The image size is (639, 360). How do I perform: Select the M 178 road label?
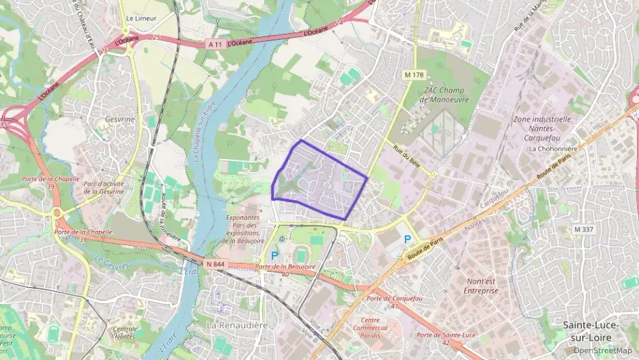click(414, 74)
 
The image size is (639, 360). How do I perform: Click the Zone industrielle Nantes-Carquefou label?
click(541, 128)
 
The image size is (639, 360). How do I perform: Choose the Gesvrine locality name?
click(121, 119)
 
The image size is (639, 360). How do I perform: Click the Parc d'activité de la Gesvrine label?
click(104, 188)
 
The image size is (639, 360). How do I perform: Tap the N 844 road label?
click(214, 262)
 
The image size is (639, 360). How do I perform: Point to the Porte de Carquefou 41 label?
click(391, 302)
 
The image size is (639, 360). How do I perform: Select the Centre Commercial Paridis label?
click(370, 328)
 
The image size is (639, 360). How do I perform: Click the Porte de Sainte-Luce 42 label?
click(446, 338)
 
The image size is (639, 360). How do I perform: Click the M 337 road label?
click(583, 230)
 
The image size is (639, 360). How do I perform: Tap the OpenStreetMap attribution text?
click(603, 350)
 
